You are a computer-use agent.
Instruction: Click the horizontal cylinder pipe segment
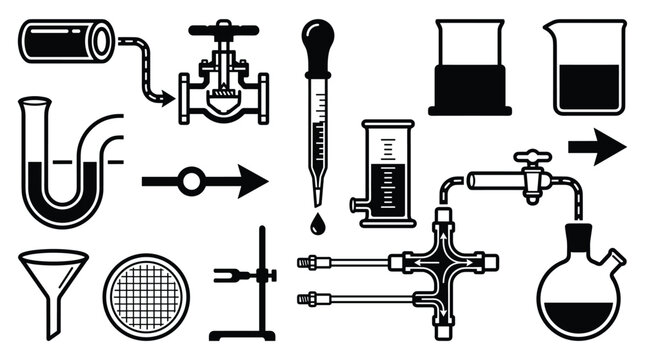66,42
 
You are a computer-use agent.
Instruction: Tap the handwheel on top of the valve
223,27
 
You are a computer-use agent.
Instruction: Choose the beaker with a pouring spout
585,70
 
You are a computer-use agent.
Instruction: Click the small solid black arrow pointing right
597,146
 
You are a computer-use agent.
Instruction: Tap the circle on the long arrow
191,181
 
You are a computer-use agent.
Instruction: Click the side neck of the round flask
616,262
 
